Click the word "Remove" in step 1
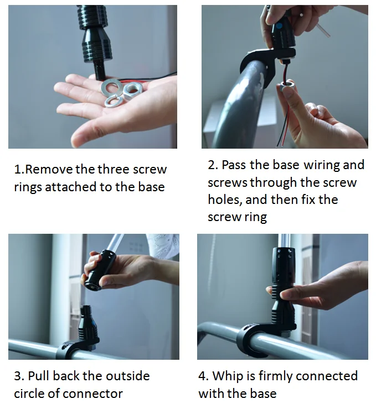(x=49, y=169)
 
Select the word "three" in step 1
(x=113, y=169)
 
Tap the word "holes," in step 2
(x=225, y=200)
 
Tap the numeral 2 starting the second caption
(x=212, y=165)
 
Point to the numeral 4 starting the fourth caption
(x=203, y=376)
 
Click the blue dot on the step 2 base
(x=279, y=26)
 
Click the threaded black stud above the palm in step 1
(x=100, y=70)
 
